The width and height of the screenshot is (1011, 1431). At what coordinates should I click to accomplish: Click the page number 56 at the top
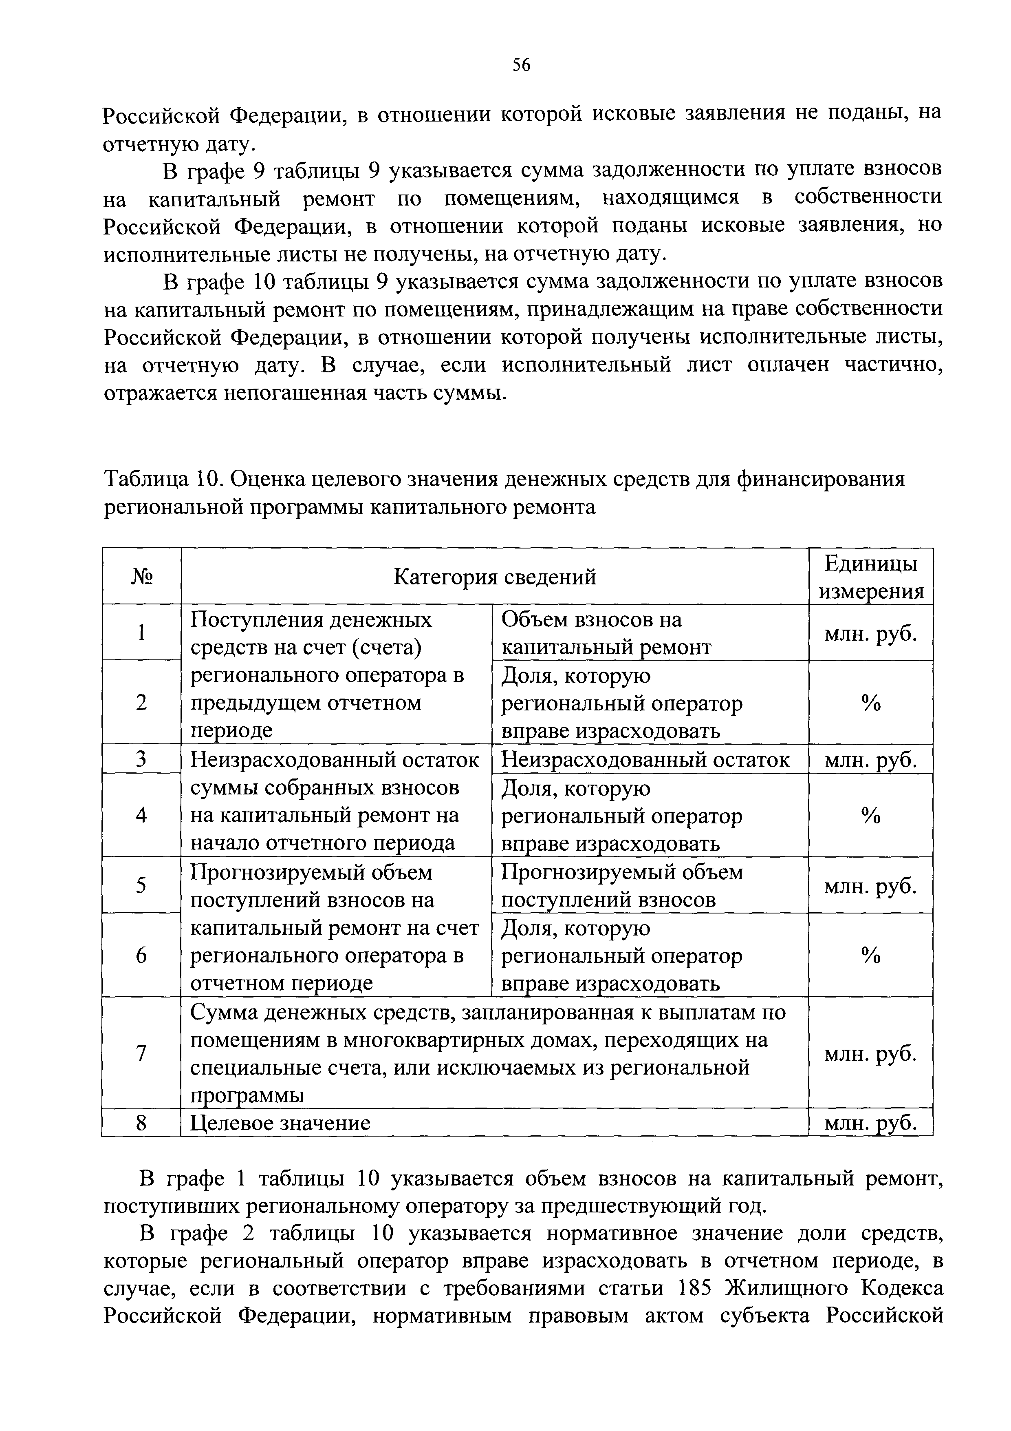[x=521, y=65]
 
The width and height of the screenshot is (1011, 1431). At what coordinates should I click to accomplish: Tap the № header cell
[x=142, y=577]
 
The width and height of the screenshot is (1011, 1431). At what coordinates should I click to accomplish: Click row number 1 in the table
[x=142, y=633]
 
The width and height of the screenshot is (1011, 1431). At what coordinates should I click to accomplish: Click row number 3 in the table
[x=142, y=759]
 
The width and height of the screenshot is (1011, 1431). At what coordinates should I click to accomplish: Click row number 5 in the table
[x=142, y=885]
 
